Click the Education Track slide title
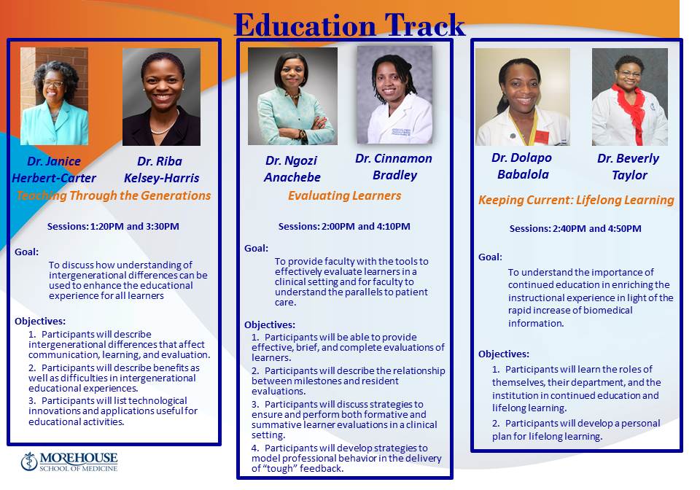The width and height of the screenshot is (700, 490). [x=349, y=25]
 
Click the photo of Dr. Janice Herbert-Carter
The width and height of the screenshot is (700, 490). [x=54, y=96]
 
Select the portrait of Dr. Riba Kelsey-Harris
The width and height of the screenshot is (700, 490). [x=161, y=97]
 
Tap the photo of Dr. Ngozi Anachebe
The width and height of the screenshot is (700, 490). [x=292, y=96]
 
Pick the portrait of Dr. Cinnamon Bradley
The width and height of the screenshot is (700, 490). [x=394, y=95]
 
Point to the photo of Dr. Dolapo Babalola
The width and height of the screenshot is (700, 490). [x=522, y=97]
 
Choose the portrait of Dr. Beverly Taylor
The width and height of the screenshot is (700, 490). [x=629, y=97]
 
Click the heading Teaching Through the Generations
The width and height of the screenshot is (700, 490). [x=113, y=195]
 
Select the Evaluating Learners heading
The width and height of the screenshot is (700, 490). [x=344, y=195]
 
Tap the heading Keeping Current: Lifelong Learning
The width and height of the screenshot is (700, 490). [x=576, y=200]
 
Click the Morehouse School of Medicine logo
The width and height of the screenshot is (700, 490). [x=69, y=462]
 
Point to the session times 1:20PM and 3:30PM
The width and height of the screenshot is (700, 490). [x=113, y=226]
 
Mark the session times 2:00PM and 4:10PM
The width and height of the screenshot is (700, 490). [x=344, y=226]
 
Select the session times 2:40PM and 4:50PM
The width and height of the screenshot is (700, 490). [x=575, y=228]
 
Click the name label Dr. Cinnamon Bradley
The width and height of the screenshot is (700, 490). [x=394, y=166]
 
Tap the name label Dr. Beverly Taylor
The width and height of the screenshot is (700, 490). [x=628, y=166]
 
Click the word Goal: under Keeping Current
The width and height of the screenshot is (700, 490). [x=490, y=257]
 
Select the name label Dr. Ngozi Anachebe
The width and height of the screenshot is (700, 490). [x=292, y=168]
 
